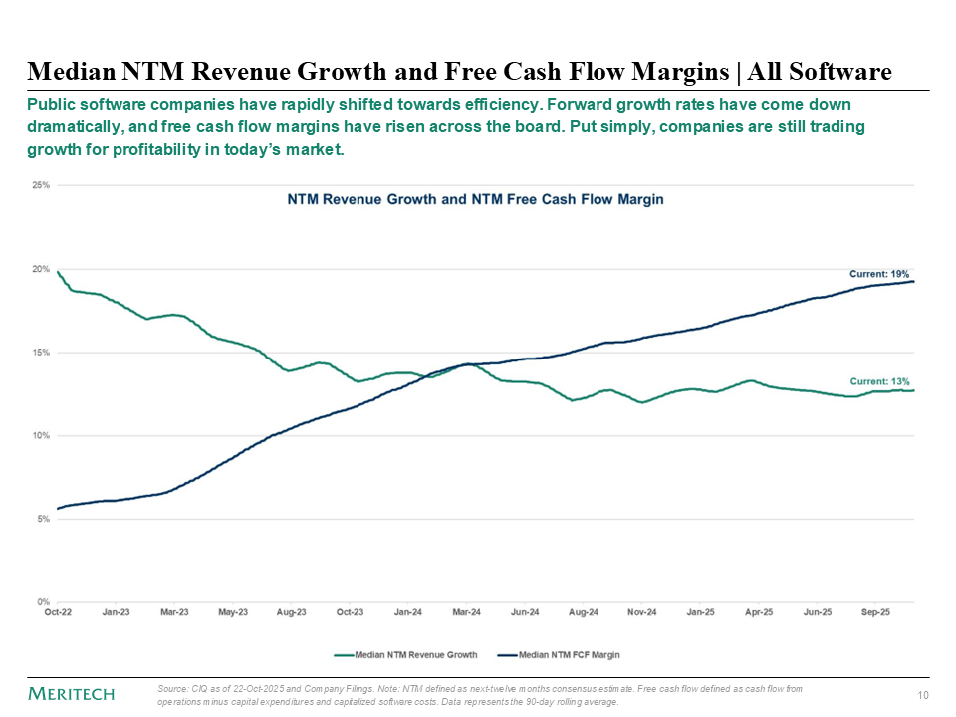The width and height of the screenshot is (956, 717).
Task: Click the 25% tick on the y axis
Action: click(41, 186)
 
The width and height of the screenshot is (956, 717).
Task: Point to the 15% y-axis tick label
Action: click(41, 353)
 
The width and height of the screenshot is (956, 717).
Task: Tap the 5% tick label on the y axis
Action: click(43, 519)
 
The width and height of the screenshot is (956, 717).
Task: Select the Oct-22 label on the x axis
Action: click(58, 614)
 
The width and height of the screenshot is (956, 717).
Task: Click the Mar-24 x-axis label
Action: click(467, 614)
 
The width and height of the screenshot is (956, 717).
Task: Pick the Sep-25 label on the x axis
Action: click(876, 614)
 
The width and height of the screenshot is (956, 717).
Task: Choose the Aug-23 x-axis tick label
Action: click(292, 614)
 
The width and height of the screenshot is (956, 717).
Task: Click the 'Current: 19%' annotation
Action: click(878, 273)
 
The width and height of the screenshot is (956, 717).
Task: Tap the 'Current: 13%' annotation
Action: click(878, 381)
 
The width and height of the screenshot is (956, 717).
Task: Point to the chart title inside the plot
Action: click(475, 199)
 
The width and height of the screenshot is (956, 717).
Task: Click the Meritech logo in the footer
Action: click(71, 693)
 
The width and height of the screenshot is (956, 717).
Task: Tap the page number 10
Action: click(921, 694)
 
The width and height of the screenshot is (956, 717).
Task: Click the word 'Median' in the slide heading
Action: click(67, 71)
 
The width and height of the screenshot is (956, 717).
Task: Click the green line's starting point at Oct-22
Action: click(58, 271)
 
